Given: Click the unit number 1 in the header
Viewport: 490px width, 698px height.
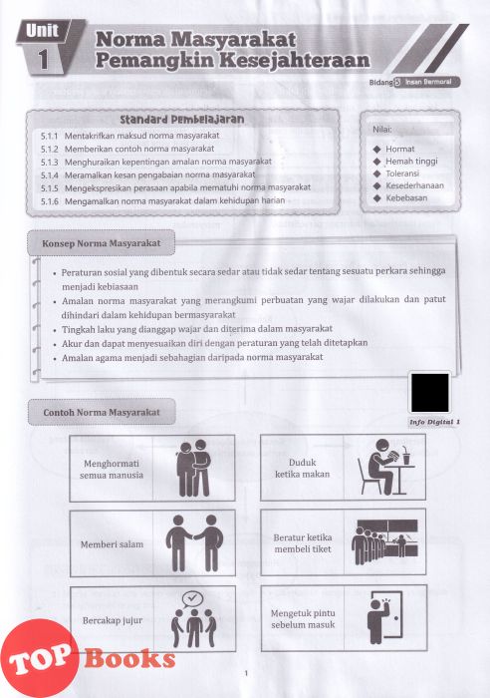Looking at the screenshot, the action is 43,59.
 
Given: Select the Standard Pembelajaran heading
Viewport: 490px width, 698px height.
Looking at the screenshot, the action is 182,120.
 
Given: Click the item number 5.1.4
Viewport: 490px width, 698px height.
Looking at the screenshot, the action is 50,174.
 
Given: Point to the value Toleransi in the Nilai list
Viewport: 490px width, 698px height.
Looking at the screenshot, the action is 402,174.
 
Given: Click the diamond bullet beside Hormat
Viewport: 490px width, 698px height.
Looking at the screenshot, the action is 377,150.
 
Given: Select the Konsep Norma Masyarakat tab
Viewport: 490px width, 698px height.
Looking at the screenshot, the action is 102,243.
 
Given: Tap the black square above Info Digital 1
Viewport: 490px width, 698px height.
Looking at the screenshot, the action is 430,393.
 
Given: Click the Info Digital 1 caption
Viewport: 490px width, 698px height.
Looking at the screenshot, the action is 434,422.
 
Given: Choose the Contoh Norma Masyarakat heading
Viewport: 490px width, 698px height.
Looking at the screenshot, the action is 102,412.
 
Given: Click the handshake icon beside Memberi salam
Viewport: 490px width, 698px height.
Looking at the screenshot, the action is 194,543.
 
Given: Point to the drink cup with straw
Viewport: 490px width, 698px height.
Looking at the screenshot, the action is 406,457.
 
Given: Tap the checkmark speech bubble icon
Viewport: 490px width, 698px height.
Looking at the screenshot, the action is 192,598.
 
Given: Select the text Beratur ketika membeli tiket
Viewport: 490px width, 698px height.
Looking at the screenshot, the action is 303,543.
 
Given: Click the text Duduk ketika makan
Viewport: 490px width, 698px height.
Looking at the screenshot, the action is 303,469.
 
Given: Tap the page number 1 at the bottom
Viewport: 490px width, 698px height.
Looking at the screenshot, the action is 246,673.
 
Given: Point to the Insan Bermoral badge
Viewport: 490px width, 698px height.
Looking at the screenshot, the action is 427,82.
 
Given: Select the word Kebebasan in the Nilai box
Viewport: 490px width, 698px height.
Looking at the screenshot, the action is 406,198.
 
